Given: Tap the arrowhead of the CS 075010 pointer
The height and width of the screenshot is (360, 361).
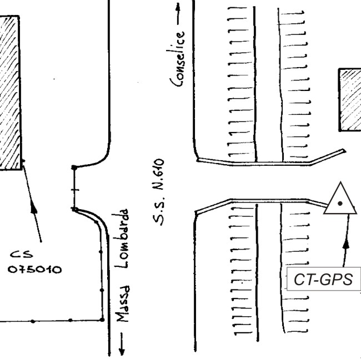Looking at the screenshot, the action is [x=33, y=206].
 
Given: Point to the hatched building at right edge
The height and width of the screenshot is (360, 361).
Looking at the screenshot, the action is [x=350, y=100].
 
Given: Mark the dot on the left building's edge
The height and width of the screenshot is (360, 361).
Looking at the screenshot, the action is [x=23, y=162].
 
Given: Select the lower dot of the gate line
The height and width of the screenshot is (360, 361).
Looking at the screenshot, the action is [x=74, y=209].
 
